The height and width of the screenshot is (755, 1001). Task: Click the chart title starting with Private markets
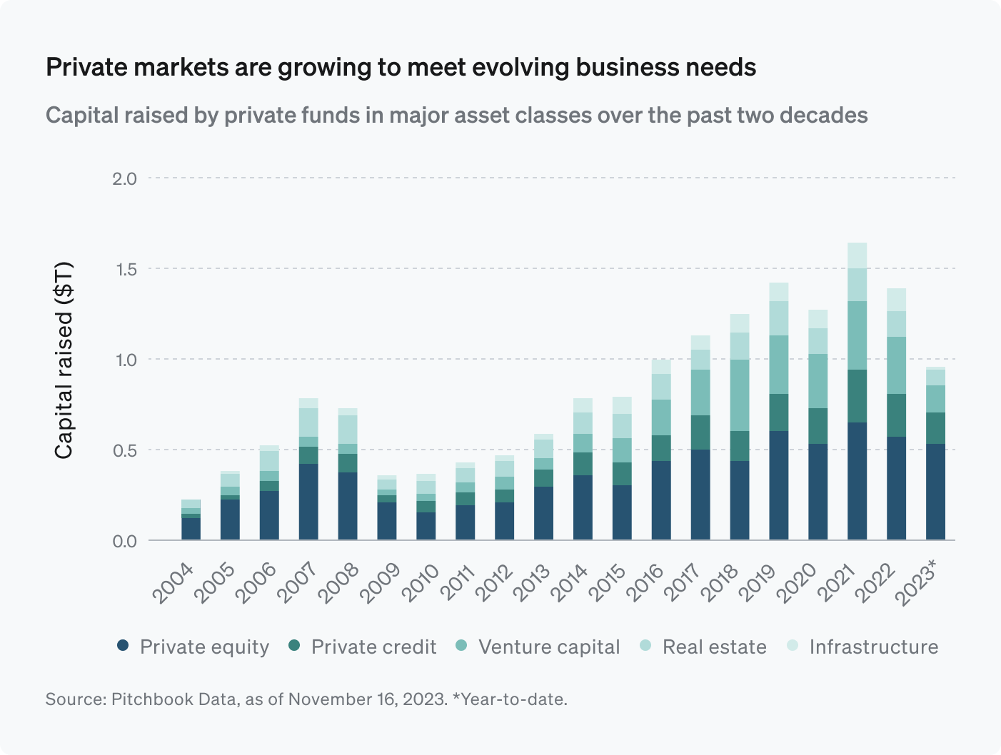(401, 67)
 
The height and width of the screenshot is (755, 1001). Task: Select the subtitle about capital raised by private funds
(456, 115)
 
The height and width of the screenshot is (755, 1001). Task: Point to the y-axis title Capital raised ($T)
(64, 360)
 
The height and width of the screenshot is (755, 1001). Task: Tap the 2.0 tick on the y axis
(124, 178)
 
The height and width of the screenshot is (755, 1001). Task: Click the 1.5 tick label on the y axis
(124, 269)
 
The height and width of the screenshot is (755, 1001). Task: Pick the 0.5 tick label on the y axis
(124, 450)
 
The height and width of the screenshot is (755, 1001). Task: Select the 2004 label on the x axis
(173, 583)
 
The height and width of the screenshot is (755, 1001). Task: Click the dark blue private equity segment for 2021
(857, 481)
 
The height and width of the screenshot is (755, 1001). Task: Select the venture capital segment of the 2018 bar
(740, 395)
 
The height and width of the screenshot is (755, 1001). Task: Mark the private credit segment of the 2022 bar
(896, 415)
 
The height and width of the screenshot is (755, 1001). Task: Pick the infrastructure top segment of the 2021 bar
(857, 255)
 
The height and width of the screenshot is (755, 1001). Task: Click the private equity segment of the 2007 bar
(308, 502)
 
